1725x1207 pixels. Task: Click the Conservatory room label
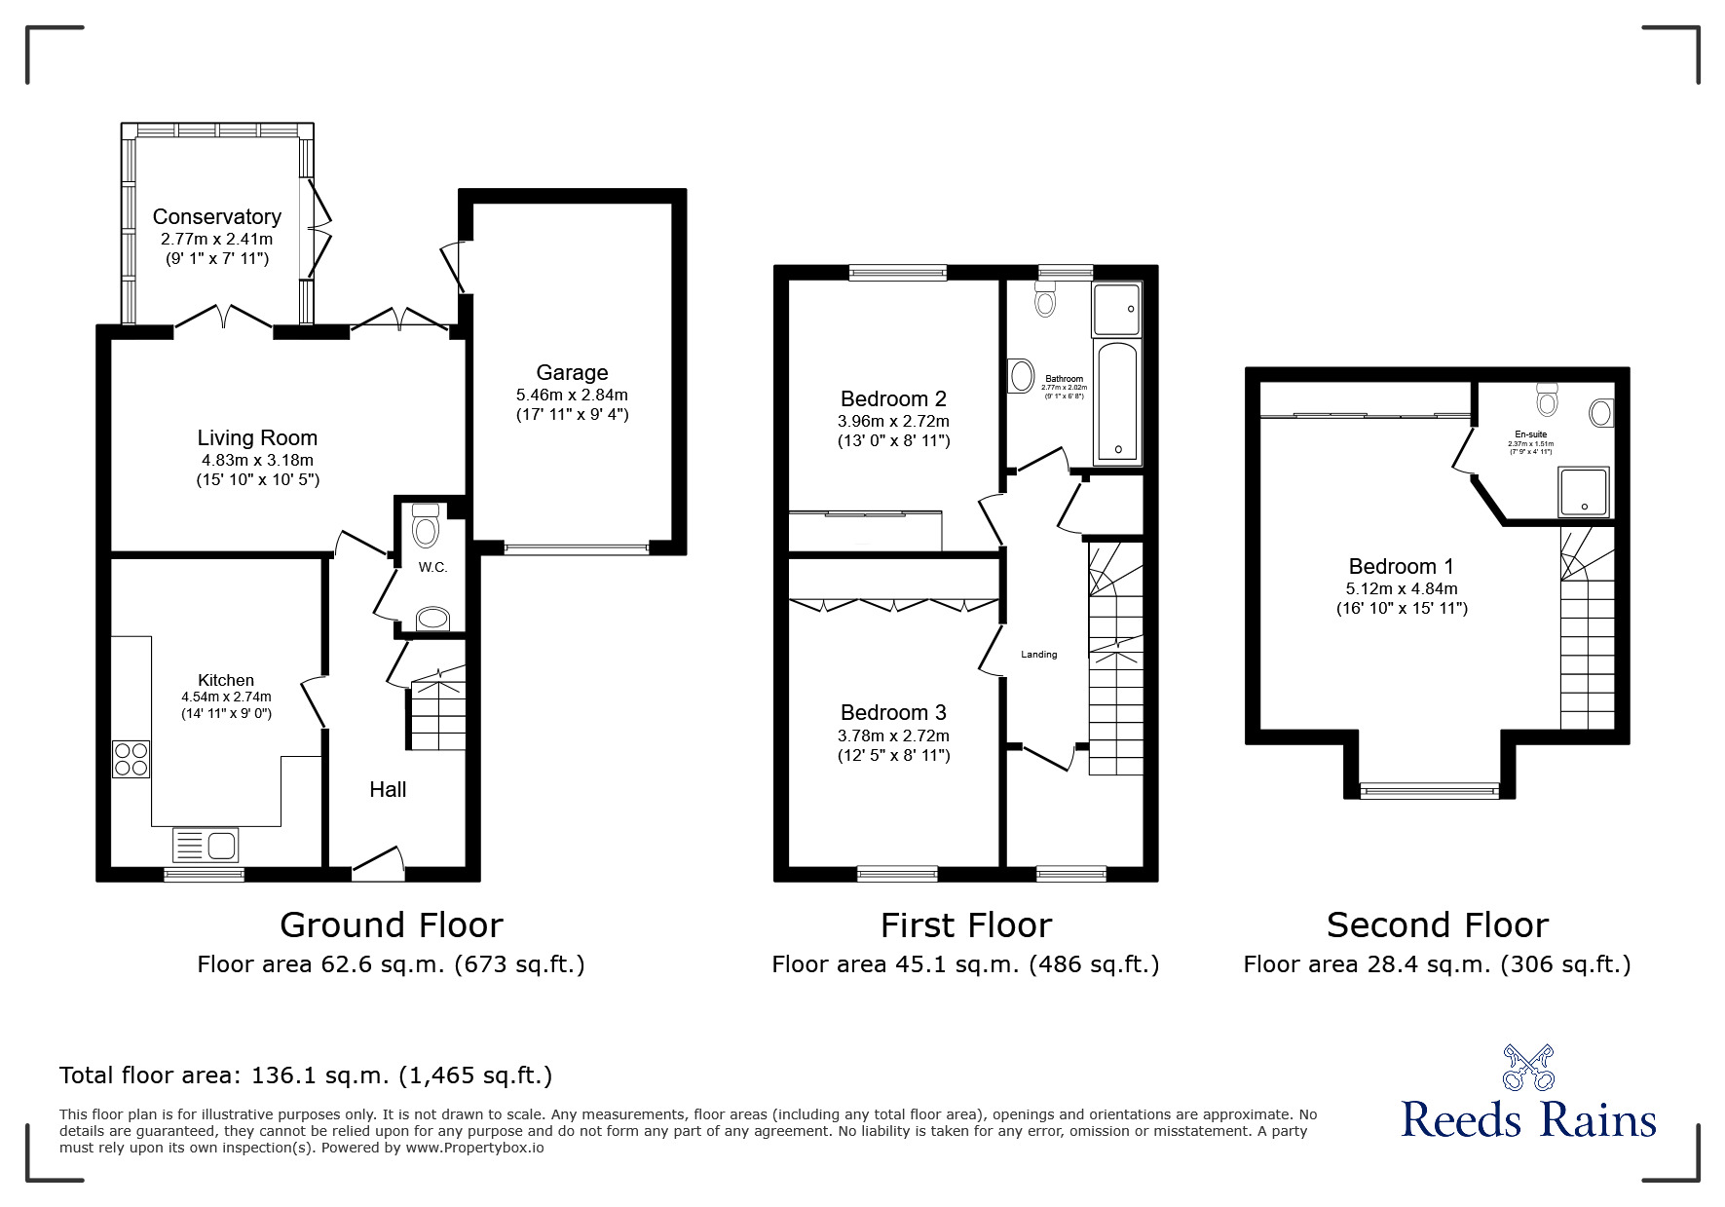coord(216,216)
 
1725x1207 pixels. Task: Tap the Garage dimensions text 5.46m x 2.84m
coord(572,395)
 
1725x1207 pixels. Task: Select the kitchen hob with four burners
coord(131,759)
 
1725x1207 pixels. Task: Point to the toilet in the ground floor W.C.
coord(426,527)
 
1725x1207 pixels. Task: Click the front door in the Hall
coord(377,863)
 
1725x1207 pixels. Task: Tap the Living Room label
coord(257,438)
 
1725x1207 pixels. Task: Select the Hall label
coord(388,789)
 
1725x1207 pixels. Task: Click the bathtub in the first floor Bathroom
coord(1116,401)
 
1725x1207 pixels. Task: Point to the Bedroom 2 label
coord(893,398)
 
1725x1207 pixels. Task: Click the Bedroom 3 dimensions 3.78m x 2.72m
coord(893,736)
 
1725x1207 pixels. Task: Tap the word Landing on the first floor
coord(1038,655)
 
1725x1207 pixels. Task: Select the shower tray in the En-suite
coord(1584,492)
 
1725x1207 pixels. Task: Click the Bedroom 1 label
coord(1401,566)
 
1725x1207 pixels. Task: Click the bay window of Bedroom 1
coord(1429,790)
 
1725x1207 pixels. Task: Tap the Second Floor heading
coord(1437,924)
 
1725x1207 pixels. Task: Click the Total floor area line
coord(306,1075)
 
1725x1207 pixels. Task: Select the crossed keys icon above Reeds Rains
coord(1528,1067)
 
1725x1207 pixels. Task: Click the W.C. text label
coord(432,567)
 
